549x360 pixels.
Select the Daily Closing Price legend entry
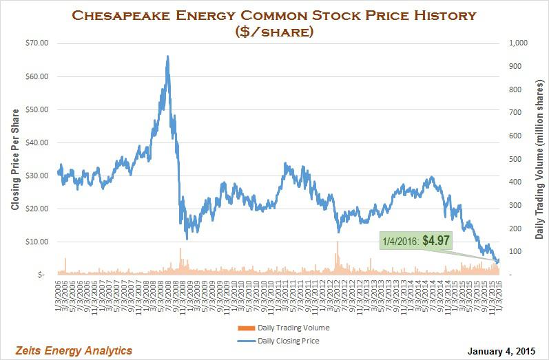coord(289,340)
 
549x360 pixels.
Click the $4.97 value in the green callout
coord(436,240)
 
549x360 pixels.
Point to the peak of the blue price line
coord(167,57)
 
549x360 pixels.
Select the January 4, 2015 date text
coord(501,351)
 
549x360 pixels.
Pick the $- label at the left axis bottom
coord(42,275)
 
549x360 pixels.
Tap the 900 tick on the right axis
coord(512,66)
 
